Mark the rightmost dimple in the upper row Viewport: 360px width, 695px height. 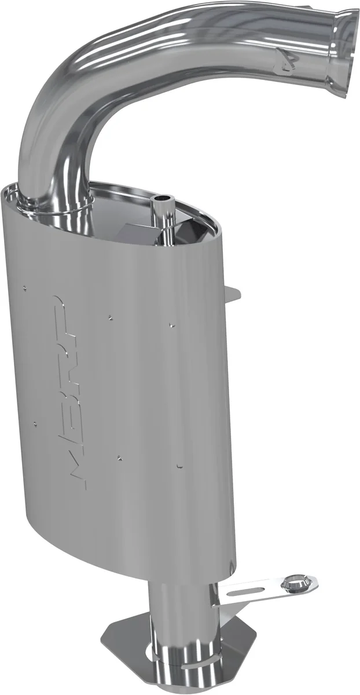tap(171, 325)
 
